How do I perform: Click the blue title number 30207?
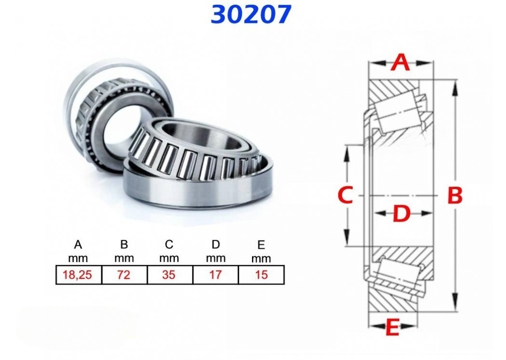(251, 14)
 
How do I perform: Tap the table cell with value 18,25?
(78, 275)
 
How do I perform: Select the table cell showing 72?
(124, 275)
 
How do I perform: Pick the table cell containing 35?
(169, 275)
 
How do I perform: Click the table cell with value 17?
(215, 275)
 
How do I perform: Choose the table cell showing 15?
(261, 275)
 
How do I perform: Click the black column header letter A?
(78, 244)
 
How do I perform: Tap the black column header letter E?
(261, 245)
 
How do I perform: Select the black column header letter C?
(169, 244)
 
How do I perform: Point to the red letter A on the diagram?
(401, 63)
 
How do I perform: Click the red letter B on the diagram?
(455, 196)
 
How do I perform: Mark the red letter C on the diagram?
(345, 196)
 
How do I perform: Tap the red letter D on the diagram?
(402, 215)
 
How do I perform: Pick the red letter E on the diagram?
(392, 328)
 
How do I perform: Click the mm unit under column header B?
(124, 258)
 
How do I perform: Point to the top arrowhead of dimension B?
(455, 83)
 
